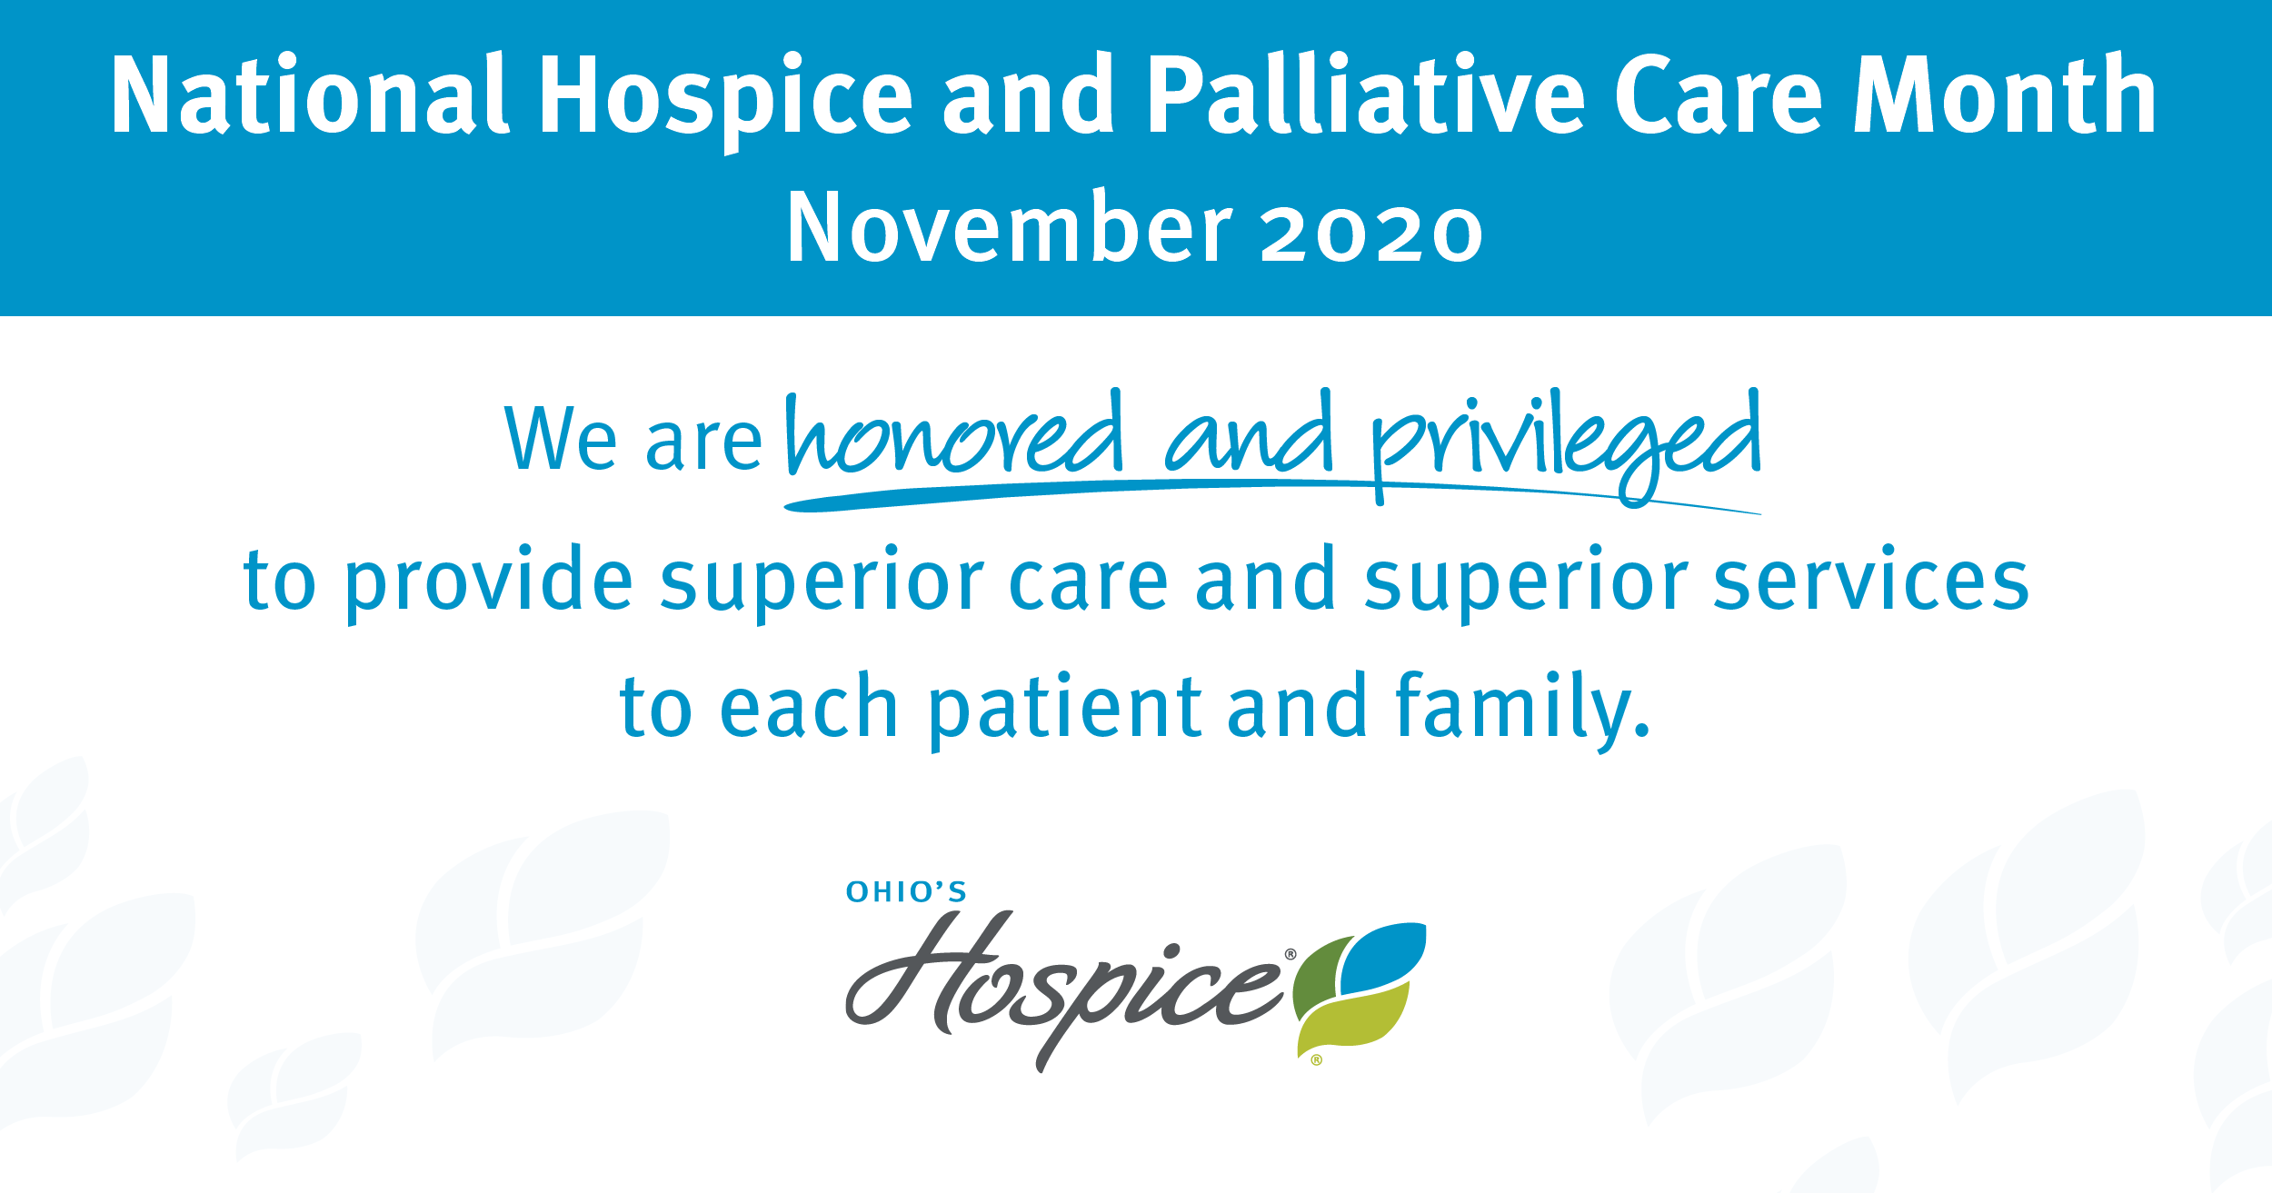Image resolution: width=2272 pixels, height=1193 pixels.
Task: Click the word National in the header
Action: coord(309,94)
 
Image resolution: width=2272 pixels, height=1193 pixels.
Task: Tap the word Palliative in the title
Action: coord(1366,94)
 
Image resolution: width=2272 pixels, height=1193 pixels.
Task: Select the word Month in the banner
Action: coord(2005,94)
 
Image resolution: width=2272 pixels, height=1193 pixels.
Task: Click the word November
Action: coord(1010,227)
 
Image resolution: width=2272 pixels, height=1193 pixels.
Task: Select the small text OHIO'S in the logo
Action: coord(906,892)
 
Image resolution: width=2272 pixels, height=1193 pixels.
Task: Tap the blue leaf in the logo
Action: coord(1382,958)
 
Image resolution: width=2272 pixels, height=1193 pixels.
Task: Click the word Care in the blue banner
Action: coord(1719,94)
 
